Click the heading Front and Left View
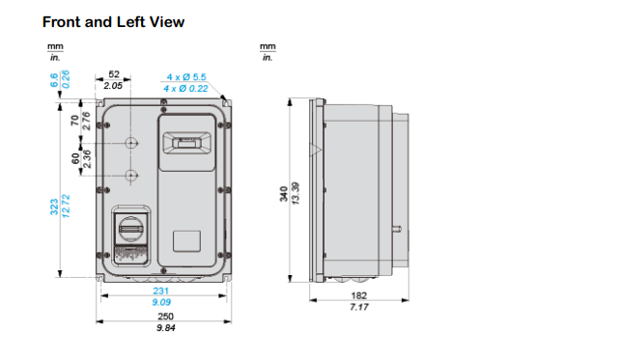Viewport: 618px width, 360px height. coord(113,22)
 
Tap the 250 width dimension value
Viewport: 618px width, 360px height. coord(165,317)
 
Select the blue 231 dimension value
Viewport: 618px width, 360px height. coord(161,291)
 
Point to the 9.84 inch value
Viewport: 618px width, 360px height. coord(165,328)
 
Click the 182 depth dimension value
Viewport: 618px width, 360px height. coord(358,295)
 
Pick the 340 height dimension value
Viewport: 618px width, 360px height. coord(284,194)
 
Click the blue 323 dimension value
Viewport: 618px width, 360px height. coord(54,207)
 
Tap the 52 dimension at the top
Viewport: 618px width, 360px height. coord(114,74)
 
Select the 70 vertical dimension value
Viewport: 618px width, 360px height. coord(75,121)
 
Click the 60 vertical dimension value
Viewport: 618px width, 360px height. coord(75,158)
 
